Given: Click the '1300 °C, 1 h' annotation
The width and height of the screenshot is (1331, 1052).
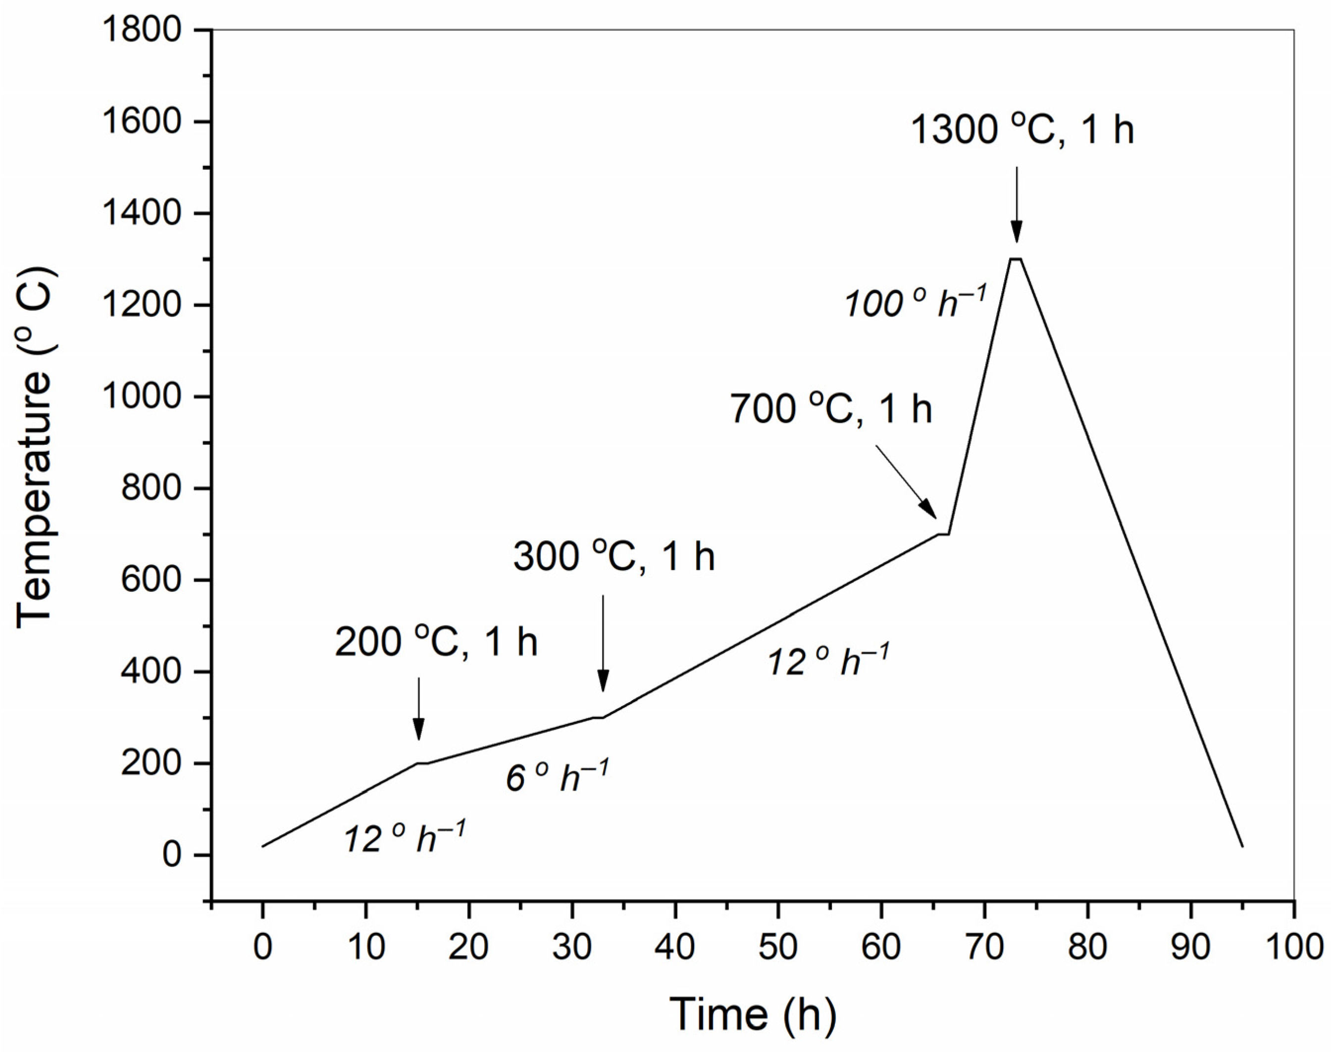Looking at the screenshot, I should pyautogui.click(x=1021, y=131).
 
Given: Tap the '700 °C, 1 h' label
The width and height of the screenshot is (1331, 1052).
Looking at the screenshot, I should pyautogui.click(x=831, y=409).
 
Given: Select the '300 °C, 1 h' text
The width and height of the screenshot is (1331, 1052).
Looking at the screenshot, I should pyautogui.click(x=614, y=557).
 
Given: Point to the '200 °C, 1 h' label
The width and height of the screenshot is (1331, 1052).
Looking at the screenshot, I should pyautogui.click(x=436, y=642).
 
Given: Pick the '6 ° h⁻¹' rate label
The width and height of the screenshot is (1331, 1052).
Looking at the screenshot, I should pyautogui.click(x=557, y=777).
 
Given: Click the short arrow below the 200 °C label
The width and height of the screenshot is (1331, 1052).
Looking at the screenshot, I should pyautogui.click(x=418, y=708).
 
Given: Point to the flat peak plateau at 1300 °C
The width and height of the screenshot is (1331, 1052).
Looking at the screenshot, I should pyautogui.click(x=1016, y=259).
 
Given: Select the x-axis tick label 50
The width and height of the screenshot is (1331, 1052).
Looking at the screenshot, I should pyautogui.click(x=778, y=947).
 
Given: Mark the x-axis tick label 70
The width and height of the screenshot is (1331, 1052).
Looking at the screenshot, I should pyautogui.click(x=985, y=947).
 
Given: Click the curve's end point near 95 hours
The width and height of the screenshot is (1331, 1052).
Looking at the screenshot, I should pyautogui.click(x=1242, y=846).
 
